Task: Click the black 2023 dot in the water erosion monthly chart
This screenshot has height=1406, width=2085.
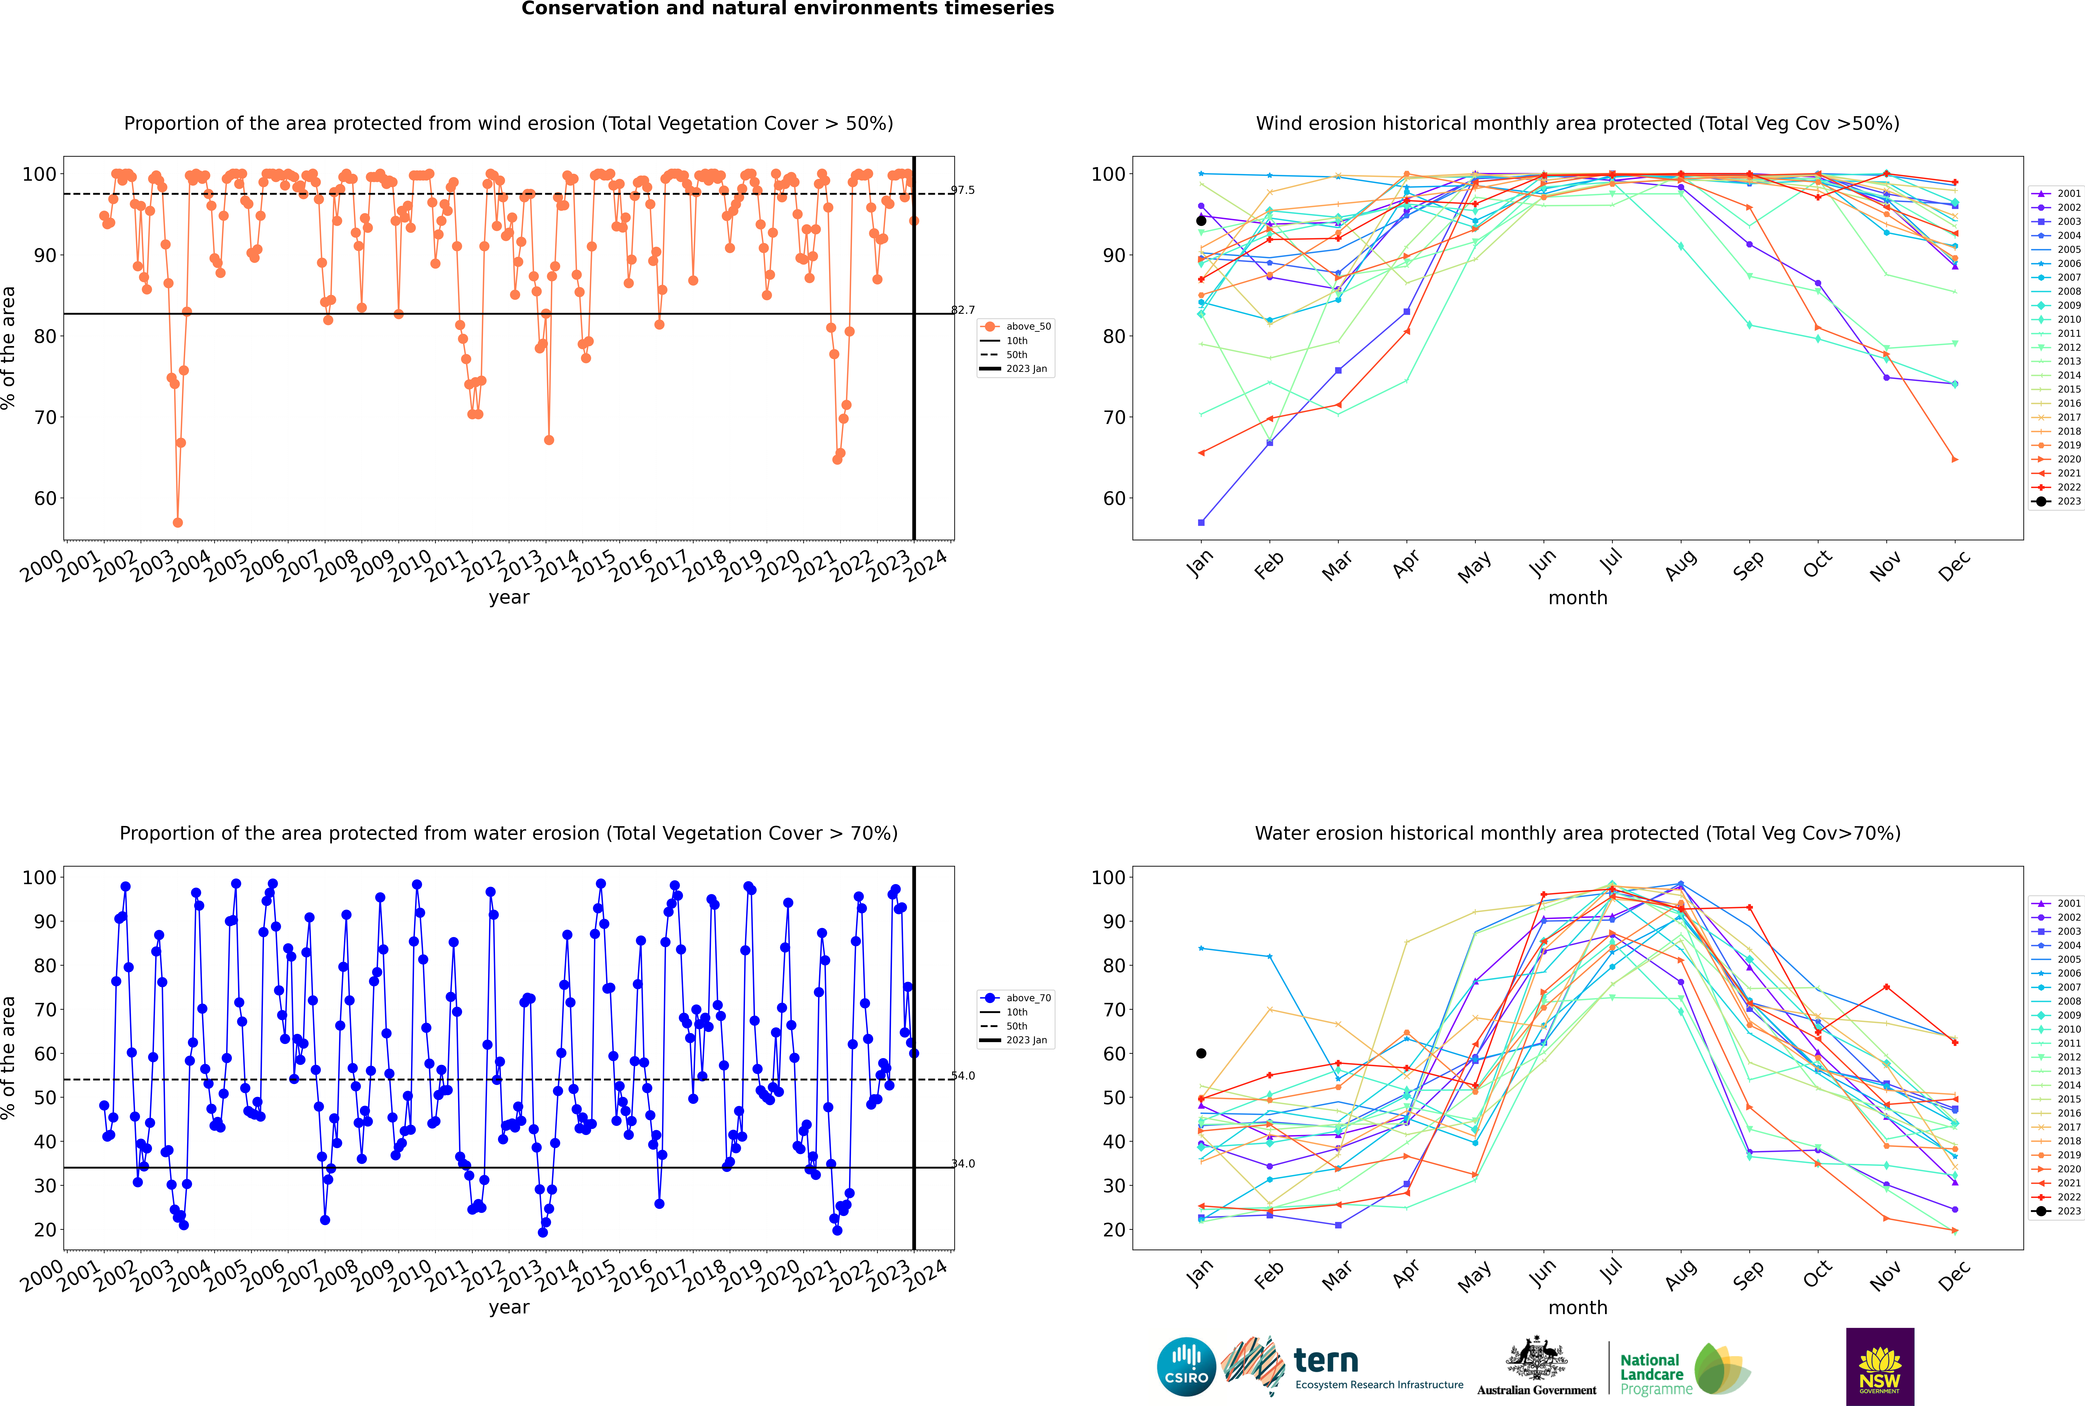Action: point(1201,1053)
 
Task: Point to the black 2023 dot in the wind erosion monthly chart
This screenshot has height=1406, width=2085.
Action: point(1201,221)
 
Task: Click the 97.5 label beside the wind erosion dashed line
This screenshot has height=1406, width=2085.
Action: point(963,190)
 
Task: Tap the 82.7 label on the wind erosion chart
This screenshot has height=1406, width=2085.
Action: point(963,310)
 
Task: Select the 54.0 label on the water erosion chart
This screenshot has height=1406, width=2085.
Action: point(963,1076)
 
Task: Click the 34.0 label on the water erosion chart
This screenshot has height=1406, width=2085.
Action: point(963,1164)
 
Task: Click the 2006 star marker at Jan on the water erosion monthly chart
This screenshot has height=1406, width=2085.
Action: point(1201,949)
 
